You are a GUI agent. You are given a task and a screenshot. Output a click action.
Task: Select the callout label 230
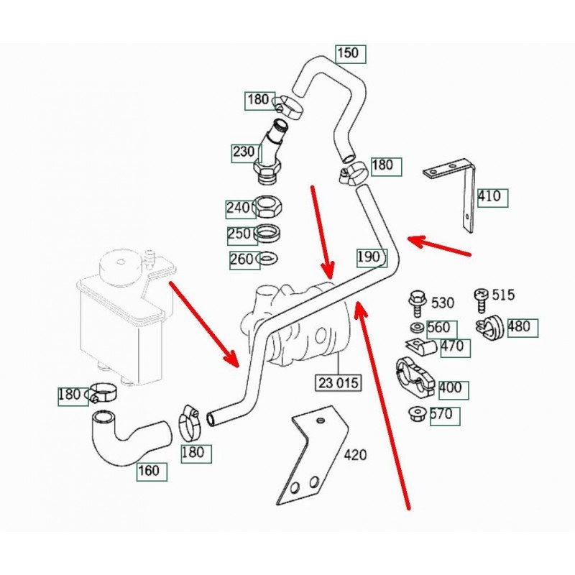(x=244, y=152)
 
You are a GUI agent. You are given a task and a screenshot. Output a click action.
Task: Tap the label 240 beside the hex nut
(x=238, y=208)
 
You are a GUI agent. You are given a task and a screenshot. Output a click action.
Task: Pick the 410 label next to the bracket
(x=493, y=197)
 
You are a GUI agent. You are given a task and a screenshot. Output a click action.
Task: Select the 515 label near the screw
(x=504, y=295)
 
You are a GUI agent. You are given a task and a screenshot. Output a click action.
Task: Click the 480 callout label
(x=519, y=326)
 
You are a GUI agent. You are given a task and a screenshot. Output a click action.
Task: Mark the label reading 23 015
(x=336, y=382)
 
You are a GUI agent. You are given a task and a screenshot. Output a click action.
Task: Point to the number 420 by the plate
(x=355, y=455)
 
